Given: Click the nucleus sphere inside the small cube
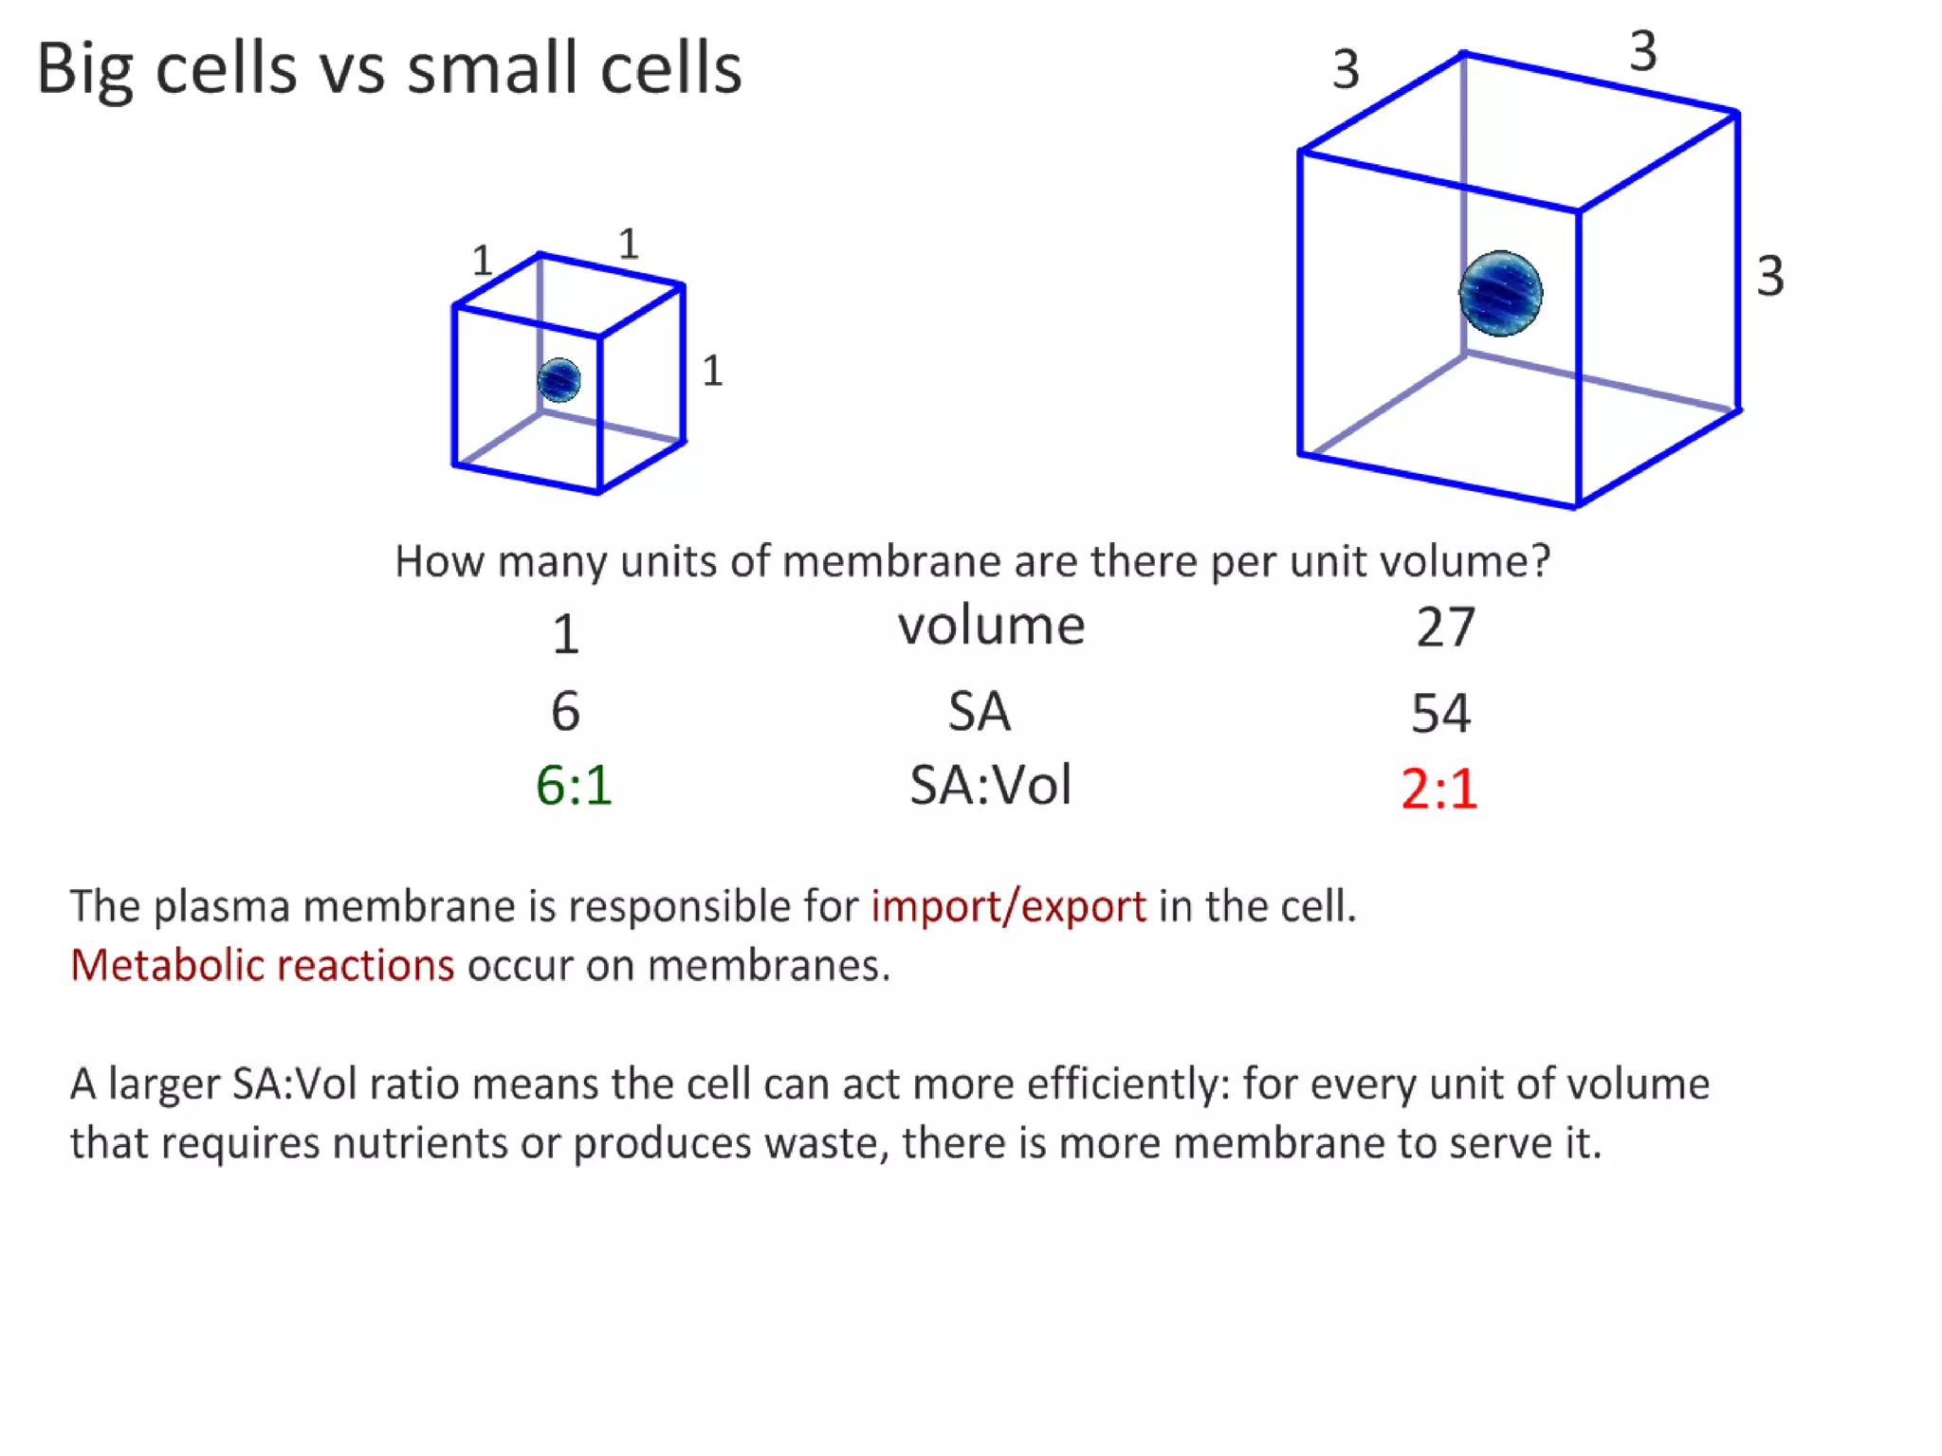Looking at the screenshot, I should click(x=559, y=380).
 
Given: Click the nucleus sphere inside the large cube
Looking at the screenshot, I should click(x=1500, y=293).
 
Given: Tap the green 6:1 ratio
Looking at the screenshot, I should click(x=574, y=786).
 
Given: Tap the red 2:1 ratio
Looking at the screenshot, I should click(x=1438, y=789).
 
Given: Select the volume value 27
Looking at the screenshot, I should click(x=1445, y=628).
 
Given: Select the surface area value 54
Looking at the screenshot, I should click(x=1440, y=713).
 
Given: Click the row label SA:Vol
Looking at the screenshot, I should click(x=990, y=786).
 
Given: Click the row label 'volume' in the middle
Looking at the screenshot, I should click(x=991, y=626).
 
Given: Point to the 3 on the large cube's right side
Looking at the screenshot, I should click(x=1769, y=277).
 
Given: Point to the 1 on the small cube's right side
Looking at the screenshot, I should click(x=712, y=371).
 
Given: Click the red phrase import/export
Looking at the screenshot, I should click(x=1008, y=906).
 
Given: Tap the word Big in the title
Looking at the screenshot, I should click(x=84, y=70).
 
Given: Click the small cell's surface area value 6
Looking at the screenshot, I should click(x=565, y=711).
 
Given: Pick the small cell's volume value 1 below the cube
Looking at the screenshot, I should click(x=565, y=634).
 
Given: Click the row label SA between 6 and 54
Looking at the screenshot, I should click(x=980, y=711).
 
